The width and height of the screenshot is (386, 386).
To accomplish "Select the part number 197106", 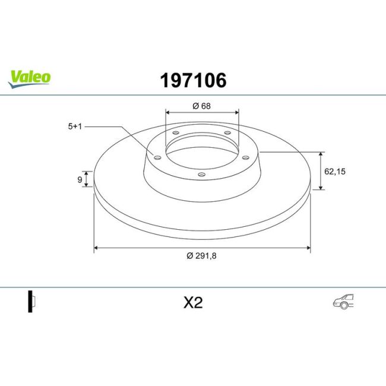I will coord(193,81).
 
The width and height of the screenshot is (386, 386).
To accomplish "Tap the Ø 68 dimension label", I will coord(202,106).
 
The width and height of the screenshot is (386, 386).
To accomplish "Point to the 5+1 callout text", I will coord(75,126).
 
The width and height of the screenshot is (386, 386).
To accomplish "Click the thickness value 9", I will coord(79,179).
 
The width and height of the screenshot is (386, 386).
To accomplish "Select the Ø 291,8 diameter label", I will coord(201,256).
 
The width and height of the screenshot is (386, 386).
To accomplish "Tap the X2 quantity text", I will coord(193,303).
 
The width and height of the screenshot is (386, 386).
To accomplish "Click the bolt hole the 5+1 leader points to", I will coord(157,157).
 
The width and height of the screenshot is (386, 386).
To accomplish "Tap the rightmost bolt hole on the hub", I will coord(245,157).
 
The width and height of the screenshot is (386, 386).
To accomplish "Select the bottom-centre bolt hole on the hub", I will coord(201,175).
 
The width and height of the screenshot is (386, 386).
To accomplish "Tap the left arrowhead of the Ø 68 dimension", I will coord(167,111).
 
